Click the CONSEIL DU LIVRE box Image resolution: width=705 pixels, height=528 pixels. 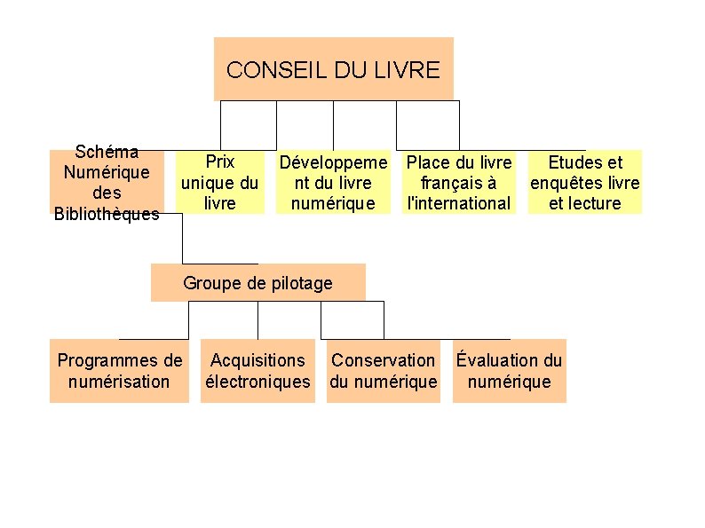point(333,68)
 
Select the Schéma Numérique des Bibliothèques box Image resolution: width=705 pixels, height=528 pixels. point(107,182)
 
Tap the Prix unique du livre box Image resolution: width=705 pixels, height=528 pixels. point(219,182)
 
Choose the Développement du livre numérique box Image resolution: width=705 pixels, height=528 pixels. point(334,182)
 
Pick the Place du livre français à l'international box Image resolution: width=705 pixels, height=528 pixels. point(459,182)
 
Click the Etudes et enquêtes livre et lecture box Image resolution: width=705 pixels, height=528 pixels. point(585,182)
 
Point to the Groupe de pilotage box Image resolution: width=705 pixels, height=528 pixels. point(257,283)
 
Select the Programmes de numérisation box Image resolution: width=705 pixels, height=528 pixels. point(119,371)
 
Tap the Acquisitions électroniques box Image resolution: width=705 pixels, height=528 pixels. point(257,371)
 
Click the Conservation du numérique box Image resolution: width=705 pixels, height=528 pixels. point(384,371)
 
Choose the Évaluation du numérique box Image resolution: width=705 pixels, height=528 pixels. point(509,371)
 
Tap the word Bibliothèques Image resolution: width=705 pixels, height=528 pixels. point(107,214)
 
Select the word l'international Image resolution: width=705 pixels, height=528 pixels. point(459,203)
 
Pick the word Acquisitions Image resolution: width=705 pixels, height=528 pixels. point(257,360)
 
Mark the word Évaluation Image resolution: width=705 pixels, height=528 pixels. point(498,360)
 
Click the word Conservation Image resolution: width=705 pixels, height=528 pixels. point(384,360)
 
